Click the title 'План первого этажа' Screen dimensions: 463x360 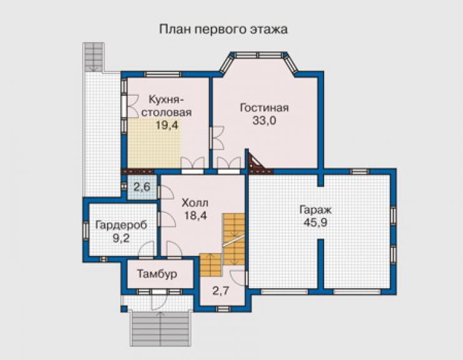(223, 30)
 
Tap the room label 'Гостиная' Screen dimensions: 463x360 (264, 108)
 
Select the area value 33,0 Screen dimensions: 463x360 (264, 121)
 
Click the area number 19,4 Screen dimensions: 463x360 (167, 125)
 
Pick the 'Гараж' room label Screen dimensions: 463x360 (316, 210)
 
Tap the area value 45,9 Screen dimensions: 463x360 (316, 222)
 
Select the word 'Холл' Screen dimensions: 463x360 (195, 203)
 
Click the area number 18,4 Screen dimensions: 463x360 (195, 215)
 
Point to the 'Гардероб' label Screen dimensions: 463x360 (121, 225)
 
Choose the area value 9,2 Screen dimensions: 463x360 (121, 238)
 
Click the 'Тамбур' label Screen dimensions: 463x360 (157, 274)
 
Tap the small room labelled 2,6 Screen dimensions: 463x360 (142, 187)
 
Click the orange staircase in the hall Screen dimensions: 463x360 (223, 245)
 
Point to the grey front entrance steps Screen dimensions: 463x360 (160, 329)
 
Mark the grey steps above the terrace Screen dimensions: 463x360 (94, 57)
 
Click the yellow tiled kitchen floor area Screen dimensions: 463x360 (153, 143)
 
